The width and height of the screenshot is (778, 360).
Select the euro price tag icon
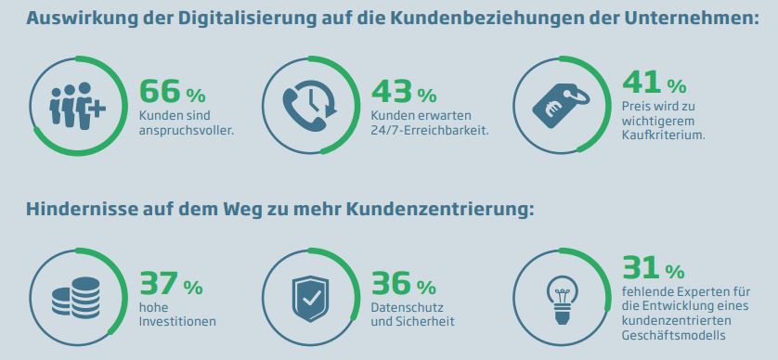(560, 104)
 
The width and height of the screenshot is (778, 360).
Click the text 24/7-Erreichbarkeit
(430, 130)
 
